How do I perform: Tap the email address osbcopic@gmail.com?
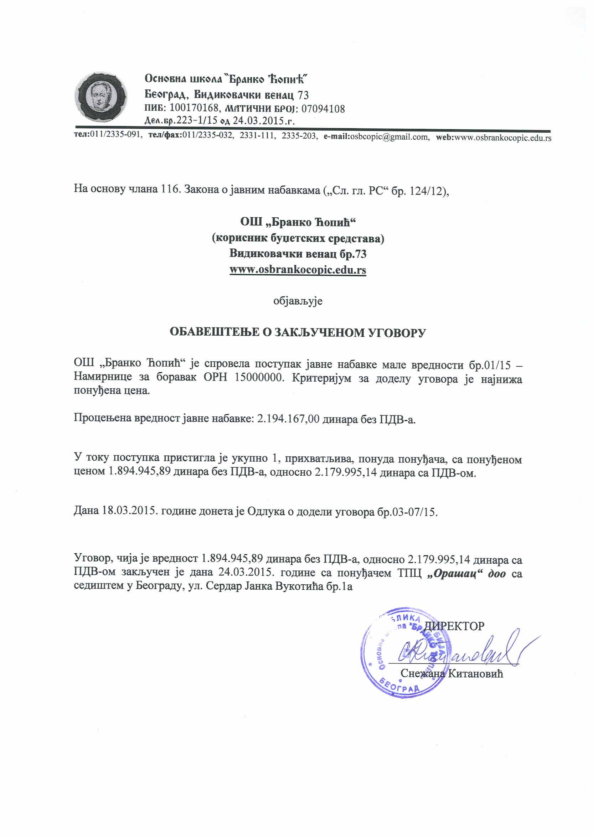(x=389, y=137)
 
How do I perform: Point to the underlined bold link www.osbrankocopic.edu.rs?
(x=298, y=270)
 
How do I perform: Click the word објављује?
(x=298, y=301)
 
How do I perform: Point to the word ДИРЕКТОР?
(x=455, y=626)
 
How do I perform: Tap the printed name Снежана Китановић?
(x=452, y=673)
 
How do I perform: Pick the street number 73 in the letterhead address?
(x=303, y=95)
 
